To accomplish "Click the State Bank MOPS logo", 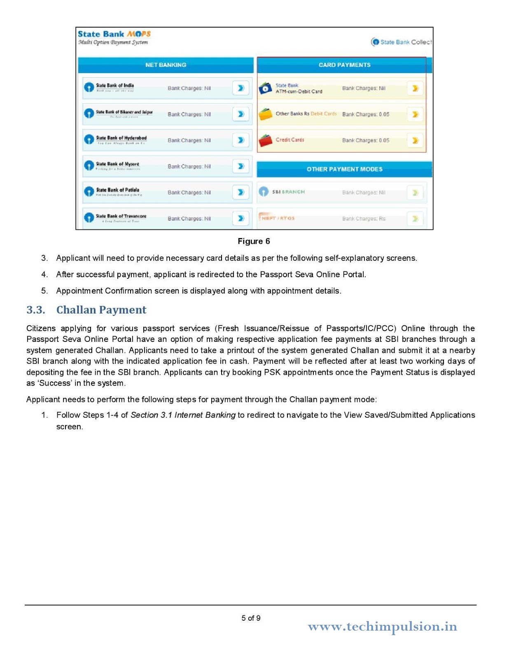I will pos(114,37).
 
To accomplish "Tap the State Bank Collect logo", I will pos(402,42).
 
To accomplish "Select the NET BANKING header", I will pos(166,65).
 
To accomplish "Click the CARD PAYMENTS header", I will pos(344,65).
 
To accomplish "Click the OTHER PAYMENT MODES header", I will pos(344,169).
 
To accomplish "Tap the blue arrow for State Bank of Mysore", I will pos(241,166).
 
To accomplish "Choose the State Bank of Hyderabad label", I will pos(121,138).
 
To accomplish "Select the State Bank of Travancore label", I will pos(121,217).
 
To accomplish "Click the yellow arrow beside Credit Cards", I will pos(415,140).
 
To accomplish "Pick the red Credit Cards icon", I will pos(266,140).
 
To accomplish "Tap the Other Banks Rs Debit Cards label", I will pos(306,114).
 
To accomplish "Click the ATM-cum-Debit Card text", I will pos(299,91).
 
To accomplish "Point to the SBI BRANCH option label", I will pos(288,192).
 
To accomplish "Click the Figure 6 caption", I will pos(254,241).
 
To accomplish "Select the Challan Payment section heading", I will pos(101,310).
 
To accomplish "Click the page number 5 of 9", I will pos(251,618).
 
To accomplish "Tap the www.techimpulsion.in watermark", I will pos(382,626).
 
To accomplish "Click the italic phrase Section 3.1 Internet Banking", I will pos(183,415).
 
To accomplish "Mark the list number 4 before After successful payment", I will pos(44,275).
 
